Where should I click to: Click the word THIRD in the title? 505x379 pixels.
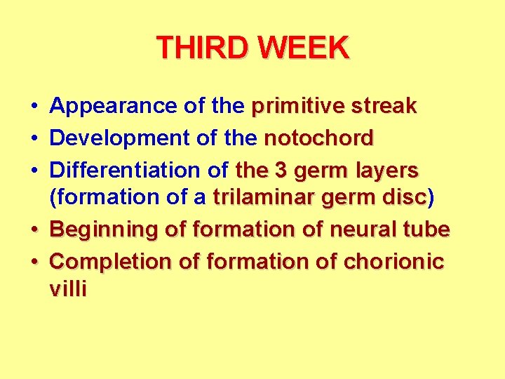pyautogui.click(x=203, y=48)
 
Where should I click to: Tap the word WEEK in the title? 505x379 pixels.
pyautogui.click(x=303, y=48)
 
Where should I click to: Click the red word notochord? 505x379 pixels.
pyautogui.click(x=318, y=138)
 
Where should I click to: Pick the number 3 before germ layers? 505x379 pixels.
pyautogui.click(x=278, y=170)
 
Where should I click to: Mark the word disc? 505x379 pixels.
pyautogui.click(x=405, y=198)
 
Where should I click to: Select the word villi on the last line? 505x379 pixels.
pyautogui.click(x=68, y=289)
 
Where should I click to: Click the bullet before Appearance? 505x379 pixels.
pyautogui.click(x=34, y=107)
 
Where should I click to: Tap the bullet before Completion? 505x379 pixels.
pyautogui.click(x=34, y=262)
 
